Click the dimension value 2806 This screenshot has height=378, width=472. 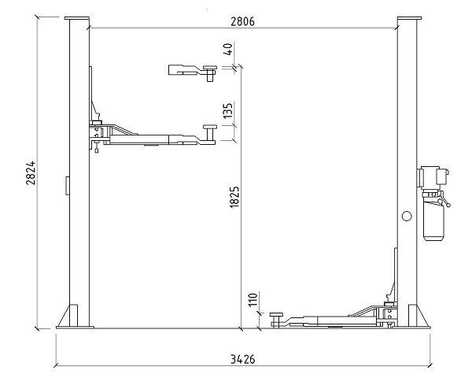click(242, 22)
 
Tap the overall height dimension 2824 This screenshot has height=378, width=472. click(31, 173)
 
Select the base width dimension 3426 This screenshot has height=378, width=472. click(242, 359)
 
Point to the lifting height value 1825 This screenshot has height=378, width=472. click(234, 197)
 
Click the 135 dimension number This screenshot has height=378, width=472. click(228, 110)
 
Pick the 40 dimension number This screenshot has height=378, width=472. click(228, 50)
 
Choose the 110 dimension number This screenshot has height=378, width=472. click(253, 299)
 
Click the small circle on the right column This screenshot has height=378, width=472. click(407, 216)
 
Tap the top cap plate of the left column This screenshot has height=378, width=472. click(77, 18)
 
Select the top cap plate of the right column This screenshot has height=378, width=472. click(409, 18)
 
